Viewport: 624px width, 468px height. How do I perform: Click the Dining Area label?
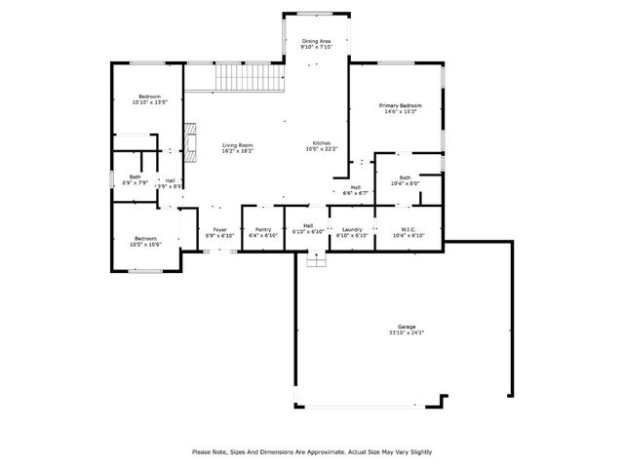pos(316,40)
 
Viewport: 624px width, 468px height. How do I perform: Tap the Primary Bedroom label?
pos(402,104)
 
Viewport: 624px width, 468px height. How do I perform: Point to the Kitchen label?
pos(321,143)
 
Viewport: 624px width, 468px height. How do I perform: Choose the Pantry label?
pos(263,230)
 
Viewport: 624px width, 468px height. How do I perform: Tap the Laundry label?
pos(351,230)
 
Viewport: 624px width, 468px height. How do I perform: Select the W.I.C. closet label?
pos(409,230)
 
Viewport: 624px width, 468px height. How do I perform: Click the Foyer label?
pos(220,230)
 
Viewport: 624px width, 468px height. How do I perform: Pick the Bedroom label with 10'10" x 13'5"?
pos(148,96)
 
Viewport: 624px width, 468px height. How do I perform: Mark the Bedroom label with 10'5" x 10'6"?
pos(145,239)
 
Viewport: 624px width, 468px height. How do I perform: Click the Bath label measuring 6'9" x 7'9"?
pos(135,177)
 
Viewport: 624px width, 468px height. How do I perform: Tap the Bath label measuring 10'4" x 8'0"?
pos(405,177)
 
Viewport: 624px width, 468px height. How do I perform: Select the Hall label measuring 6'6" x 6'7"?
pos(356,187)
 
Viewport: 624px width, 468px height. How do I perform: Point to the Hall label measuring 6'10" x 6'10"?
pos(308,225)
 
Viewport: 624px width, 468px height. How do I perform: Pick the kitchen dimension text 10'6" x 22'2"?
pos(321,149)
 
